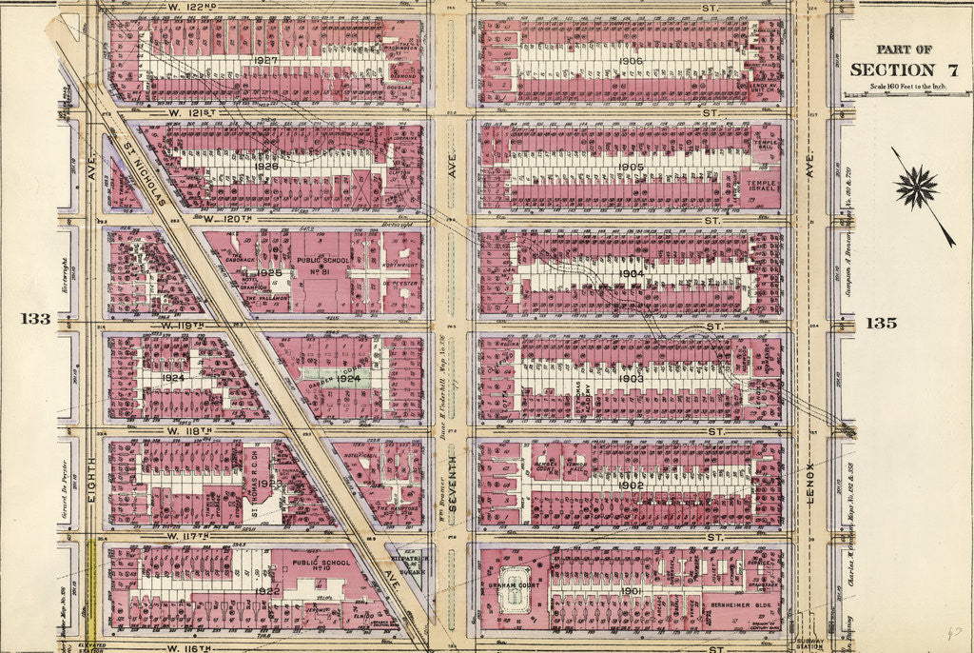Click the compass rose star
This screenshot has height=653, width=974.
pyautogui.click(x=916, y=187)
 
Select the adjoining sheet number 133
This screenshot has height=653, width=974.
pyautogui.click(x=36, y=319)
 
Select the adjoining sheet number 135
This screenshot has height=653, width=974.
pyautogui.click(x=882, y=323)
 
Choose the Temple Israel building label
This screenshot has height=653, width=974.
pyautogui.click(x=762, y=185)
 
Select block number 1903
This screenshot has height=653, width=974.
pyautogui.click(x=631, y=378)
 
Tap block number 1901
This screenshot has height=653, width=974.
pyautogui.click(x=631, y=591)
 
